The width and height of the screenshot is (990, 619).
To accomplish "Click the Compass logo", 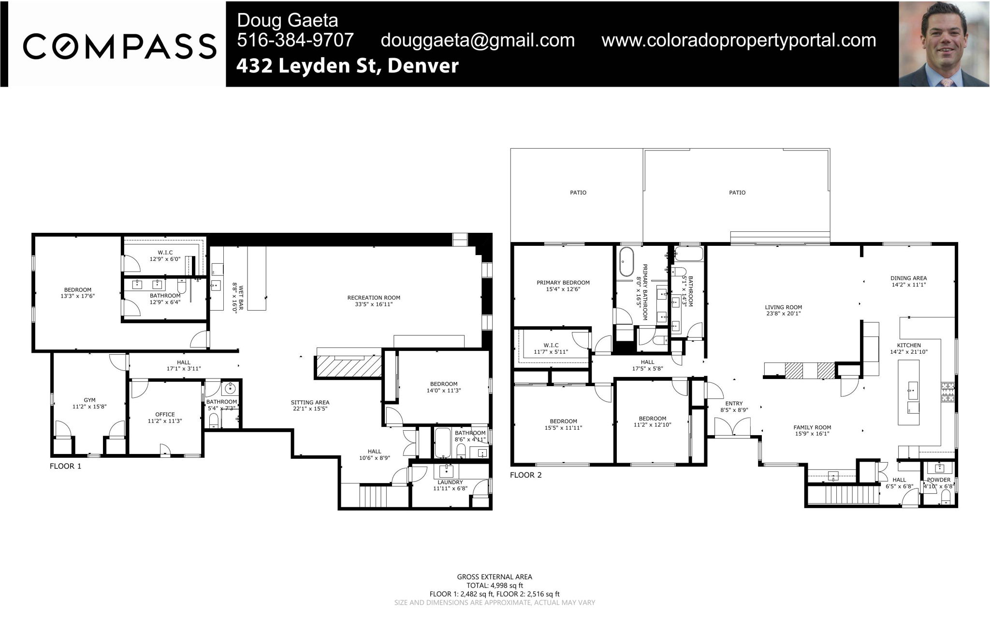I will [119, 46].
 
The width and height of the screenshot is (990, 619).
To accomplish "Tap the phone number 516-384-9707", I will [295, 40].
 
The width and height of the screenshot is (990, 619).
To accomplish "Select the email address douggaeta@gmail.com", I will [478, 40].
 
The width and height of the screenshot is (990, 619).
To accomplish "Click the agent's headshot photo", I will [944, 44].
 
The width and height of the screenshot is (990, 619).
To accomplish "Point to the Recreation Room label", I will [374, 298].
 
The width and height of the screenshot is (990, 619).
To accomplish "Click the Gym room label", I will [89, 400].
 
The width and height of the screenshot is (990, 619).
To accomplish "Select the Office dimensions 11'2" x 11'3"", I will [165, 421].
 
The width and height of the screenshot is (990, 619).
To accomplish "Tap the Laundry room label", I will [450, 482].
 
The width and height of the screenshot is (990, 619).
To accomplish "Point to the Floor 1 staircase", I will [374, 496].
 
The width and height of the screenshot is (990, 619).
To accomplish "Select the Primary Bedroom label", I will [563, 283].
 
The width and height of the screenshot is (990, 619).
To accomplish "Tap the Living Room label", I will [783, 307].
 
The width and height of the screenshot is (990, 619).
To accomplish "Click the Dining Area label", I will [908, 278].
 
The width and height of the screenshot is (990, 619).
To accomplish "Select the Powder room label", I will [938, 480].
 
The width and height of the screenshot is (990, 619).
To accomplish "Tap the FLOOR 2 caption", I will [526, 475].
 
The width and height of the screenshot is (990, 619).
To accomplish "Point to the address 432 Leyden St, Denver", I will [347, 66].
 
